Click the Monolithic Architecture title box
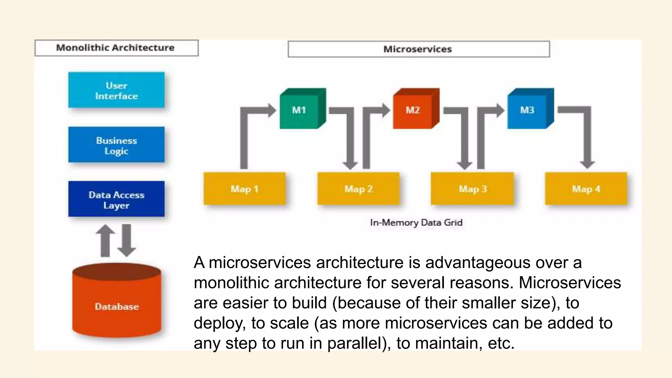116,48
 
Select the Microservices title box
418,49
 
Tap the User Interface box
116,90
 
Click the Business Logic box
116,145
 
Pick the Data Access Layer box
116,199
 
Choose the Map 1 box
244,189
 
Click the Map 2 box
358,189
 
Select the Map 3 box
472,189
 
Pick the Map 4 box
586,189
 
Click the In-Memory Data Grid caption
416,222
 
